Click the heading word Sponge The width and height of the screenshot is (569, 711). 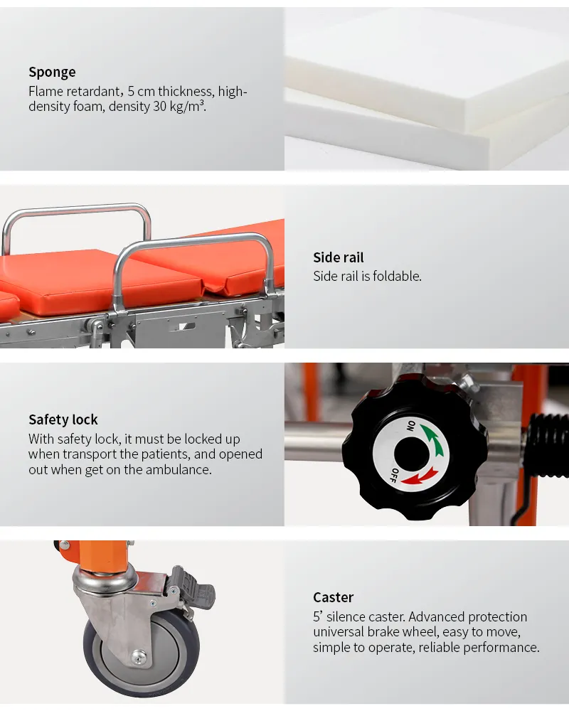[52, 73]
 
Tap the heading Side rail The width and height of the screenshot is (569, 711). [339, 257]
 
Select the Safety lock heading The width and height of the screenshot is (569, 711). [63, 419]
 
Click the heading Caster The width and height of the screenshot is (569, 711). [333, 597]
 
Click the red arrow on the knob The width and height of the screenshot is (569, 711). [420, 476]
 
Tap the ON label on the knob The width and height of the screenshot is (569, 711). [411, 426]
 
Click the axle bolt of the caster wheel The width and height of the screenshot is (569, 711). [139, 656]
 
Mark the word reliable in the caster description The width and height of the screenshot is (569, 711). [442, 648]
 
